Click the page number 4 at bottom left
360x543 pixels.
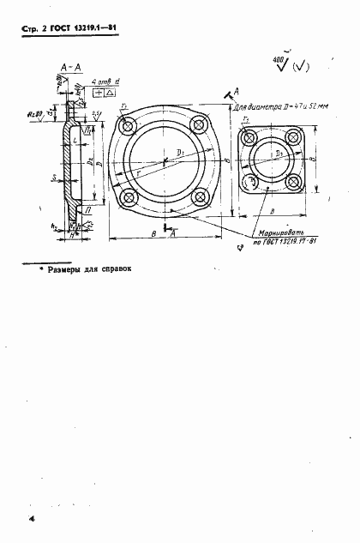point(31,520)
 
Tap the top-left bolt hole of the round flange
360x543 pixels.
point(129,127)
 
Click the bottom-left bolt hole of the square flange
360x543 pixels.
point(250,184)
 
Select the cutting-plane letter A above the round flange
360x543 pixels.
point(236,89)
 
